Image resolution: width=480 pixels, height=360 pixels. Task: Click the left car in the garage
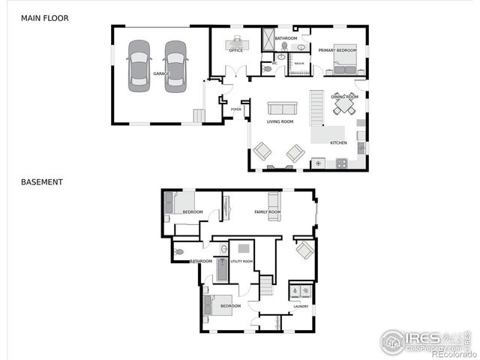click(139, 66)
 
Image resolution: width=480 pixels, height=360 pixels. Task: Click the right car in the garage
click(175, 66)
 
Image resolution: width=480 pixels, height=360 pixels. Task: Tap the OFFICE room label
click(235, 50)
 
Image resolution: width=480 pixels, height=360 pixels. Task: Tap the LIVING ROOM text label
click(280, 121)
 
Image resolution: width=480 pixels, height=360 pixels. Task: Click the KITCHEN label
click(338, 142)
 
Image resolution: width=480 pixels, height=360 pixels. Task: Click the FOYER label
click(235, 109)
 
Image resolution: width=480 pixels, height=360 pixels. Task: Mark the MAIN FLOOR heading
click(44, 17)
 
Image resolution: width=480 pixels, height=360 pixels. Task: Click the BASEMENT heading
click(42, 181)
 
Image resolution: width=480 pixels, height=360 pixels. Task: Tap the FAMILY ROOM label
click(267, 212)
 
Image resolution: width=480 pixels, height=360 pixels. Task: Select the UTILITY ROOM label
click(241, 261)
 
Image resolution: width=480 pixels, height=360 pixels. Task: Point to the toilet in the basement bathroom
click(179, 252)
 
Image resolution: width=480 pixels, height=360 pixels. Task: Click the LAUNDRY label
click(301, 306)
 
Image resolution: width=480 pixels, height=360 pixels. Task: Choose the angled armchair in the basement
click(305, 250)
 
